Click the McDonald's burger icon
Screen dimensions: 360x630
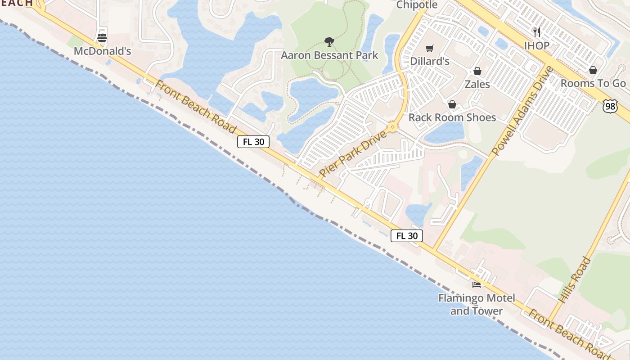pos(102,38)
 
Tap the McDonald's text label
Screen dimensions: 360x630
pos(102,51)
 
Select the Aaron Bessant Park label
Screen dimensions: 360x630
pos(329,55)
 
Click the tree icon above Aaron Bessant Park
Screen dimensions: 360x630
pos(329,42)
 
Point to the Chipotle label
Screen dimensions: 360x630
pos(417,5)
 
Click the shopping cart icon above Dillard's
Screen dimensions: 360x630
pos(430,48)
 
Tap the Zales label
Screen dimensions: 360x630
pos(477,84)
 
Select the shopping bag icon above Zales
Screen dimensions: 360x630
pos(477,71)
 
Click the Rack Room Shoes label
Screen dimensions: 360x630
pos(452,117)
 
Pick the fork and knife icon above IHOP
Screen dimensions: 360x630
pos(536,32)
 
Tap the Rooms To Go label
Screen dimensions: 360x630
pos(593,83)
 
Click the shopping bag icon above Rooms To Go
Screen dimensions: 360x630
pos(593,70)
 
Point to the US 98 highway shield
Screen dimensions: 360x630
pos(610,106)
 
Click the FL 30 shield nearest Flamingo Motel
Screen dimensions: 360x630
pos(407,235)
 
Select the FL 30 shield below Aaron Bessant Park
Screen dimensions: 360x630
pos(253,142)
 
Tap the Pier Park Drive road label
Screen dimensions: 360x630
pos(353,153)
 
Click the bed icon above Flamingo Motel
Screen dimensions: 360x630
pos(477,284)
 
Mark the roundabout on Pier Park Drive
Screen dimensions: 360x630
pos(393,127)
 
